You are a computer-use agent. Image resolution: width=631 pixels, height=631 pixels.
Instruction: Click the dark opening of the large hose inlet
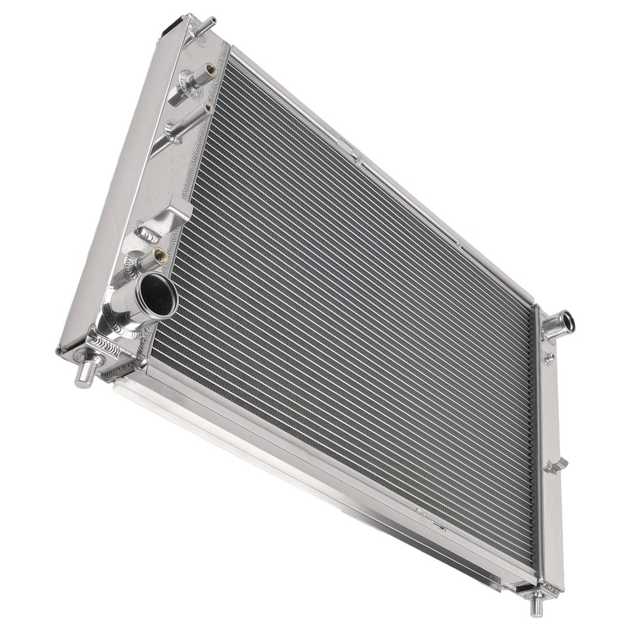pos(158,296)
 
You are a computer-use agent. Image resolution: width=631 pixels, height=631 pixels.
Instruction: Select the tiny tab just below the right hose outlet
pos(548,358)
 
